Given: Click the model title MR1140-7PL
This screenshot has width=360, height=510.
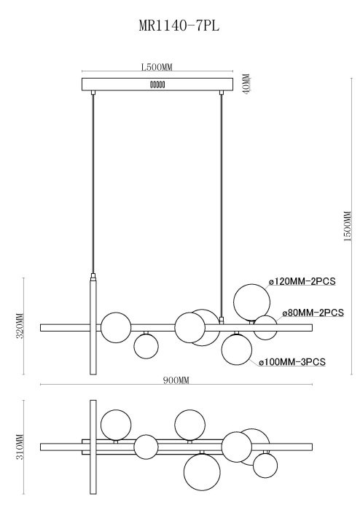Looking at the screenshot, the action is [179, 25].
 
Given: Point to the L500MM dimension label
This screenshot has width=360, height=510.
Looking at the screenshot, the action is [157, 67].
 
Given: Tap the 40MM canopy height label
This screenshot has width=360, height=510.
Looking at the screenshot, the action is [247, 84].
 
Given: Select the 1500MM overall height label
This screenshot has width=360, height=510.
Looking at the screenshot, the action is [348, 226].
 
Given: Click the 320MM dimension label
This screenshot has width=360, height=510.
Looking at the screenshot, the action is [20, 326].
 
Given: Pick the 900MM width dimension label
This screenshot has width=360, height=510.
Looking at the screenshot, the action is [176, 380].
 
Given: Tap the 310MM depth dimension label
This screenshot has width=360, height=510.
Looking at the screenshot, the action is [20, 447].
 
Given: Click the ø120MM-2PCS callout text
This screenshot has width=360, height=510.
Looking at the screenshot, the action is [302, 281].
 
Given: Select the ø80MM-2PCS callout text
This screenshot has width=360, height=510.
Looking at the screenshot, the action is [313, 313].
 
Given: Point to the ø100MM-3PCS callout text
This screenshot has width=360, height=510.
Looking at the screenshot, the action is [292, 361].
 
